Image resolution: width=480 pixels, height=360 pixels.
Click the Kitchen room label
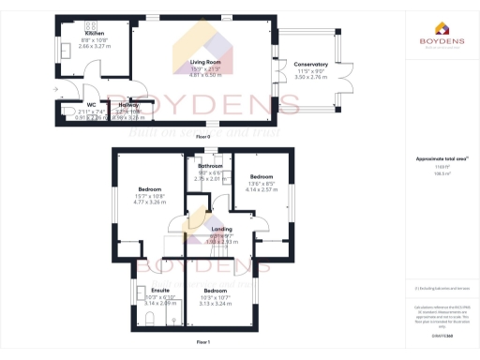coord(82,33)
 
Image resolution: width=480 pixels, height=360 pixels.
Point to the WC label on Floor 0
coord(91,104)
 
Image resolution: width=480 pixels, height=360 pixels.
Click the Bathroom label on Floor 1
coord(210,166)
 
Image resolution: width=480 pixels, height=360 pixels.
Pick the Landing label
coord(222,230)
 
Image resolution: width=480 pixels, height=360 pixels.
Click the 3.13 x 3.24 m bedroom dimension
coord(215,304)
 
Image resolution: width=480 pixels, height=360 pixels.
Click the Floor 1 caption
coord(203,343)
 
